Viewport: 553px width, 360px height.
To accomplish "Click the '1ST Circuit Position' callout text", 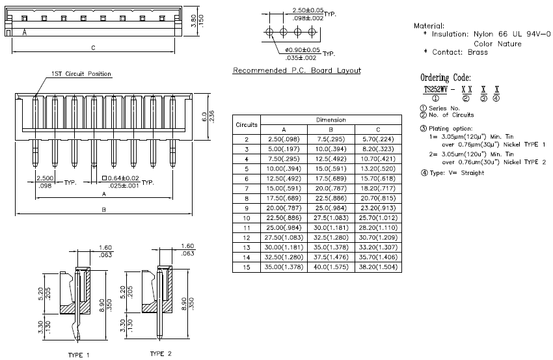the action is (x=81, y=74).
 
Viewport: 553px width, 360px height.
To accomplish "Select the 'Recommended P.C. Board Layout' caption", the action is (x=297, y=70).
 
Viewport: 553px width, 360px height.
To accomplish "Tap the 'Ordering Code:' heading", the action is (x=446, y=77).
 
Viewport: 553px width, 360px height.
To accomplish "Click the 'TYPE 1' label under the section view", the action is (x=79, y=355).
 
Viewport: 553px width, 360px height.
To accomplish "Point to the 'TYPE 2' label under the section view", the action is (x=161, y=353).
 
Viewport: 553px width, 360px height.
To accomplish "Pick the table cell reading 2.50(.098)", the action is (x=284, y=139).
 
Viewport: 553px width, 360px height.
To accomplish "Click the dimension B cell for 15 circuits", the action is (x=330, y=267).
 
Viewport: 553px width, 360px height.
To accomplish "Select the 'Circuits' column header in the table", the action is (x=247, y=124).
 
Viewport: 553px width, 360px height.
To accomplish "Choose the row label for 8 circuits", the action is (x=247, y=199).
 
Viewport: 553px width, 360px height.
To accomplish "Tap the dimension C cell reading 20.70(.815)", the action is (x=378, y=198).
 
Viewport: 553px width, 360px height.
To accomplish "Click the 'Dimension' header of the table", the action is (x=330, y=120).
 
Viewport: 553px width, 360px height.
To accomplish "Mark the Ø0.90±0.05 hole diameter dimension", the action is (x=303, y=49).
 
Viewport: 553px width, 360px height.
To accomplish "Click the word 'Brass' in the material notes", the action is (x=478, y=52).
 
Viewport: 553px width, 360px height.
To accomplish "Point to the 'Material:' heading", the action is (x=429, y=26).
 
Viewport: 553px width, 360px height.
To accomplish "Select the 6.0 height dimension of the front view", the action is (x=204, y=117).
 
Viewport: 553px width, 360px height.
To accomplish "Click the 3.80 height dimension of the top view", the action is (x=193, y=21).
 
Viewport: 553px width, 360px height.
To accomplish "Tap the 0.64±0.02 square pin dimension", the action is (x=120, y=178).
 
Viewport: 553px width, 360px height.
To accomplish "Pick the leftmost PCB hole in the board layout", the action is (x=269, y=32).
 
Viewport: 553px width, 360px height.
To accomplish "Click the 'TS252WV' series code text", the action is (x=435, y=90).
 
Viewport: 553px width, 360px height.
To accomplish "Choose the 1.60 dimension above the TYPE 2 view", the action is (x=187, y=246).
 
